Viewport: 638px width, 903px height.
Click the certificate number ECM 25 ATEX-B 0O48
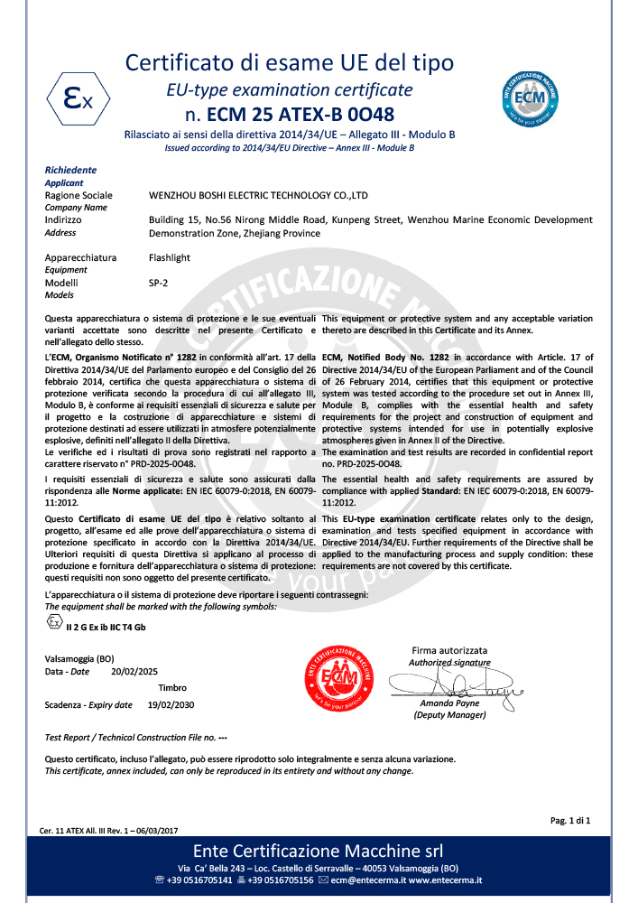[289, 115]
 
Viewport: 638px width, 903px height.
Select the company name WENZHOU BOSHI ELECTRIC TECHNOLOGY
[258, 195]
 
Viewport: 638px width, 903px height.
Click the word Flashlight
[169, 257]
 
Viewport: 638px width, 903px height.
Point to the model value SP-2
[158, 283]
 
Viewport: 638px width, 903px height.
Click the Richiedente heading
[70, 170]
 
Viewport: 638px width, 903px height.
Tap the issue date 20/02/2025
[134, 672]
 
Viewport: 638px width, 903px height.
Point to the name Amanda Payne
[449, 703]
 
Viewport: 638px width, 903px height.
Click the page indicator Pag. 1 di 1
[569, 820]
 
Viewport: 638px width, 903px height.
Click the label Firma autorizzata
[449, 650]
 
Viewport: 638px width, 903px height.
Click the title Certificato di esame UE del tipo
[289, 63]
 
